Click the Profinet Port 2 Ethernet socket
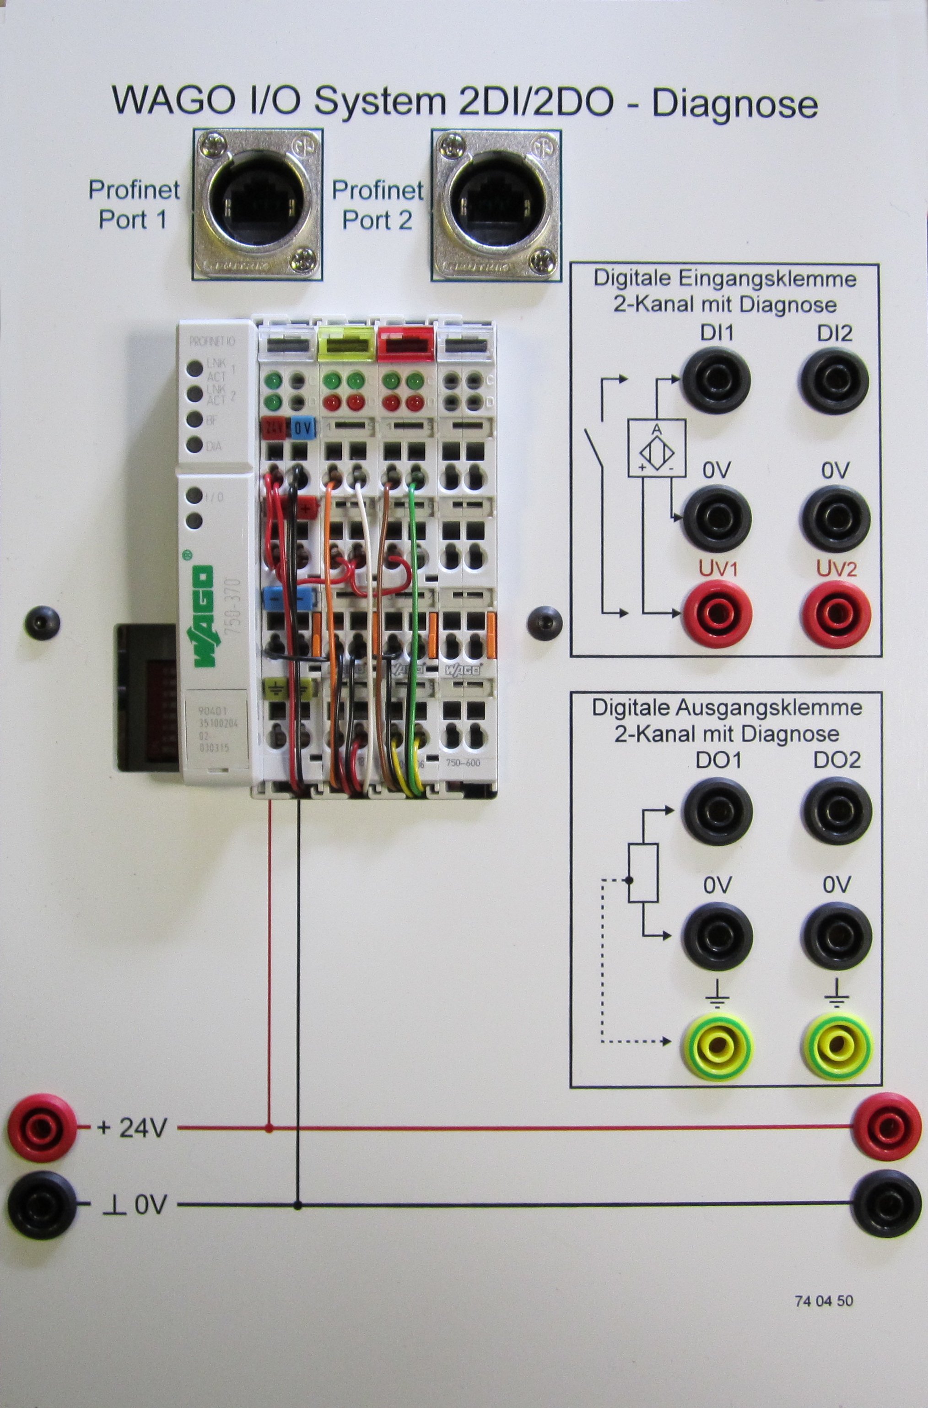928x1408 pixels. click(x=496, y=205)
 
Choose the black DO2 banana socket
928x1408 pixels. click(x=836, y=812)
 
